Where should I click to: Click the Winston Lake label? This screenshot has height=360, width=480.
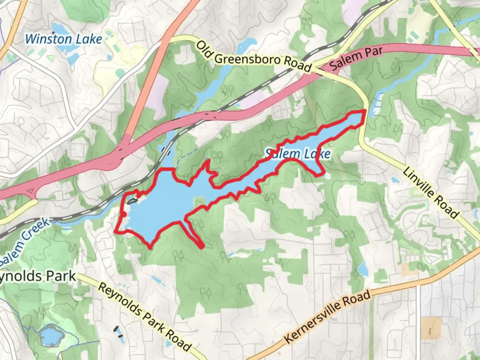pos(63,39)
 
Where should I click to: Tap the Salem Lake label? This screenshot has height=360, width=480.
pos(298,154)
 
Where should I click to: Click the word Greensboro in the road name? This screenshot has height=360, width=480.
pos(248,59)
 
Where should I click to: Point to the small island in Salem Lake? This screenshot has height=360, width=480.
pos(132,201)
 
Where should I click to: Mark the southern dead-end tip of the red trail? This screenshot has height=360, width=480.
pos(201,246)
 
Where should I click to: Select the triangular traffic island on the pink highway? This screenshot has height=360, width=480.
pos(30,192)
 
